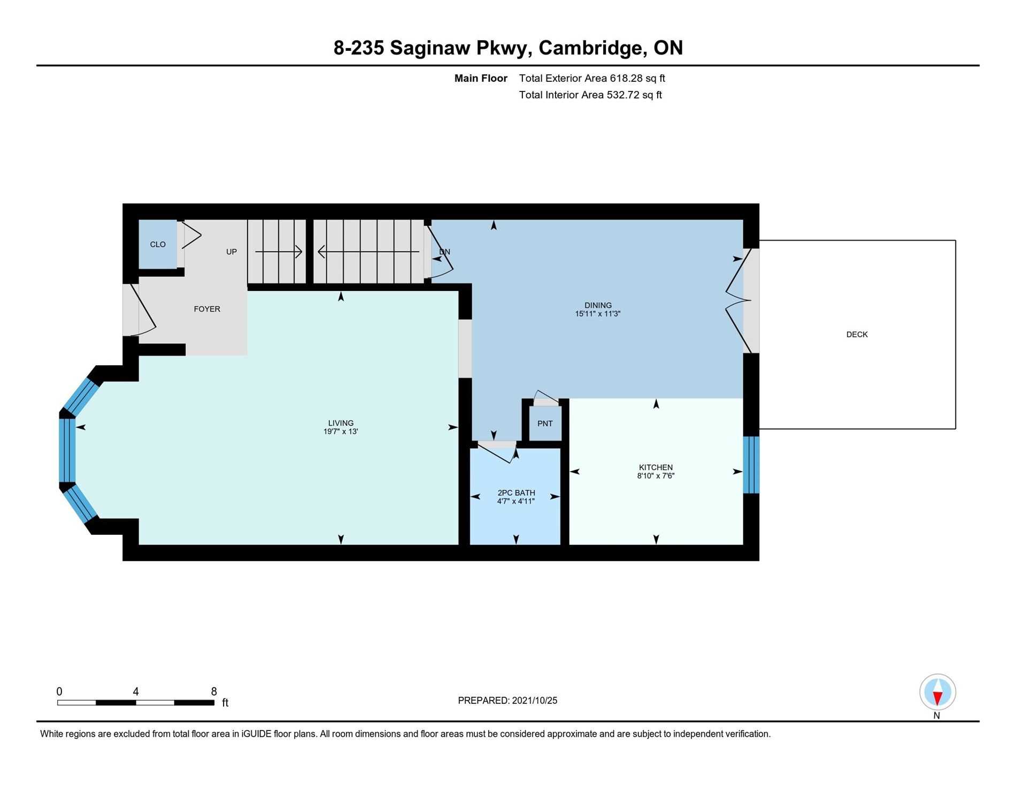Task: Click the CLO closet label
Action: (x=158, y=244)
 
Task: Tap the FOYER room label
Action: (x=207, y=309)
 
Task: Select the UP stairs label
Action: (x=232, y=252)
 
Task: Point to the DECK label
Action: (x=857, y=335)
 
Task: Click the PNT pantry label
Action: (x=545, y=424)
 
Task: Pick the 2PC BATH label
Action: (x=516, y=493)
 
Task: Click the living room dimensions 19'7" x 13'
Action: (x=341, y=432)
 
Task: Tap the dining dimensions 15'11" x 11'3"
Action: (x=598, y=314)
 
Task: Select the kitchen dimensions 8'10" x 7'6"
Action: (x=656, y=475)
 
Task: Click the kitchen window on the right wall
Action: (x=751, y=465)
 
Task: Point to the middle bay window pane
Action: (x=67, y=450)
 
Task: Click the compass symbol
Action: (x=937, y=692)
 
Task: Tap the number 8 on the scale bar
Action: (x=214, y=691)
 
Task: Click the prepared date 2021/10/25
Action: (x=535, y=701)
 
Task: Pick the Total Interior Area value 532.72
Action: (x=623, y=95)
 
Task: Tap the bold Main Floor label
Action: (x=481, y=78)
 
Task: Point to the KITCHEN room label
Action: (x=656, y=467)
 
